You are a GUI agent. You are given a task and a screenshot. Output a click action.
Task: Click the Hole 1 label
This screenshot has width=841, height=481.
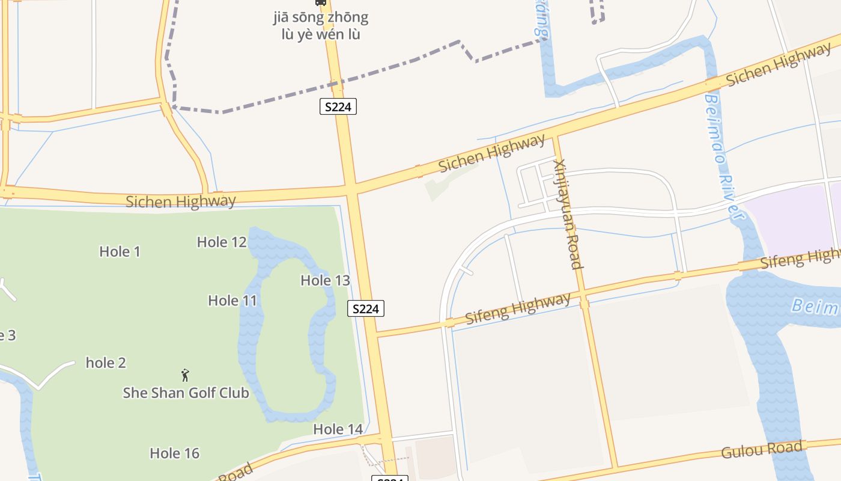(x=120, y=251)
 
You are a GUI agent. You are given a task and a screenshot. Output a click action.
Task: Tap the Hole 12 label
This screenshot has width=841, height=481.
(x=222, y=242)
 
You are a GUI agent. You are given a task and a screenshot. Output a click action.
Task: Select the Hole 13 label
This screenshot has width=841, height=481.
(x=325, y=280)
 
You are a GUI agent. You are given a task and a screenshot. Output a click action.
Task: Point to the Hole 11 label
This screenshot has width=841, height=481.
(x=232, y=300)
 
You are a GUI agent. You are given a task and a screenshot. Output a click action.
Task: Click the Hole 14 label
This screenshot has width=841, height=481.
(x=338, y=429)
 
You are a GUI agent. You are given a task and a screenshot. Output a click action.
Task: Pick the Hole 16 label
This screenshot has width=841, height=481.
(x=174, y=453)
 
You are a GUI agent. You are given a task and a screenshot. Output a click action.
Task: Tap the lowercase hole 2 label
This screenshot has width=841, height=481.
(x=106, y=363)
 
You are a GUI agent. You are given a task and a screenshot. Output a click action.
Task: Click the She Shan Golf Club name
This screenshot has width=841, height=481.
(x=186, y=393)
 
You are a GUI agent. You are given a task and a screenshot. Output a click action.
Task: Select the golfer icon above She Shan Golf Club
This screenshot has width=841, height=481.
(x=185, y=375)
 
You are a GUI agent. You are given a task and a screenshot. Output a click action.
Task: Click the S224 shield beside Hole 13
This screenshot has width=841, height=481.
(x=365, y=309)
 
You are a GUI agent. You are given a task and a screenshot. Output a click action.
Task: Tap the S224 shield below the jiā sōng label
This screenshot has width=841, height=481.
(x=338, y=107)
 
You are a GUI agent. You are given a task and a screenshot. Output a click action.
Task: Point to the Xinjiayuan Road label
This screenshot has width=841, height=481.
(x=568, y=213)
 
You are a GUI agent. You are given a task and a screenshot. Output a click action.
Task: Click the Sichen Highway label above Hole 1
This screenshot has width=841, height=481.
(x=180, y=201)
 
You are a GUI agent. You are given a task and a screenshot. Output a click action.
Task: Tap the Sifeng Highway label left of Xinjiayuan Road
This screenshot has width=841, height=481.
(x=518, y=308)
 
